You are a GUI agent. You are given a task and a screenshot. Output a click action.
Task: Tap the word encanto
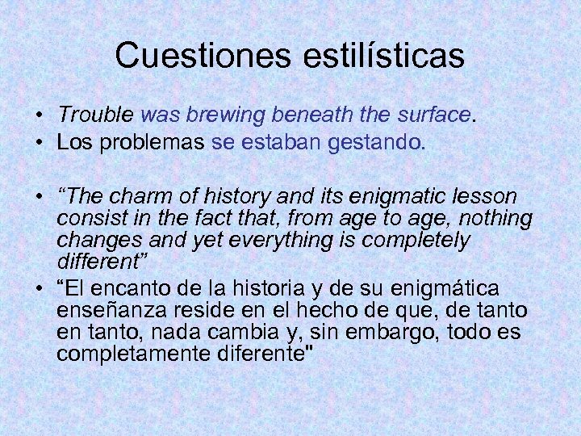(x=133, y=288)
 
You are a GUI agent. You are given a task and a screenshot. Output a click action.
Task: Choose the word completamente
(x=131, y=354)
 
